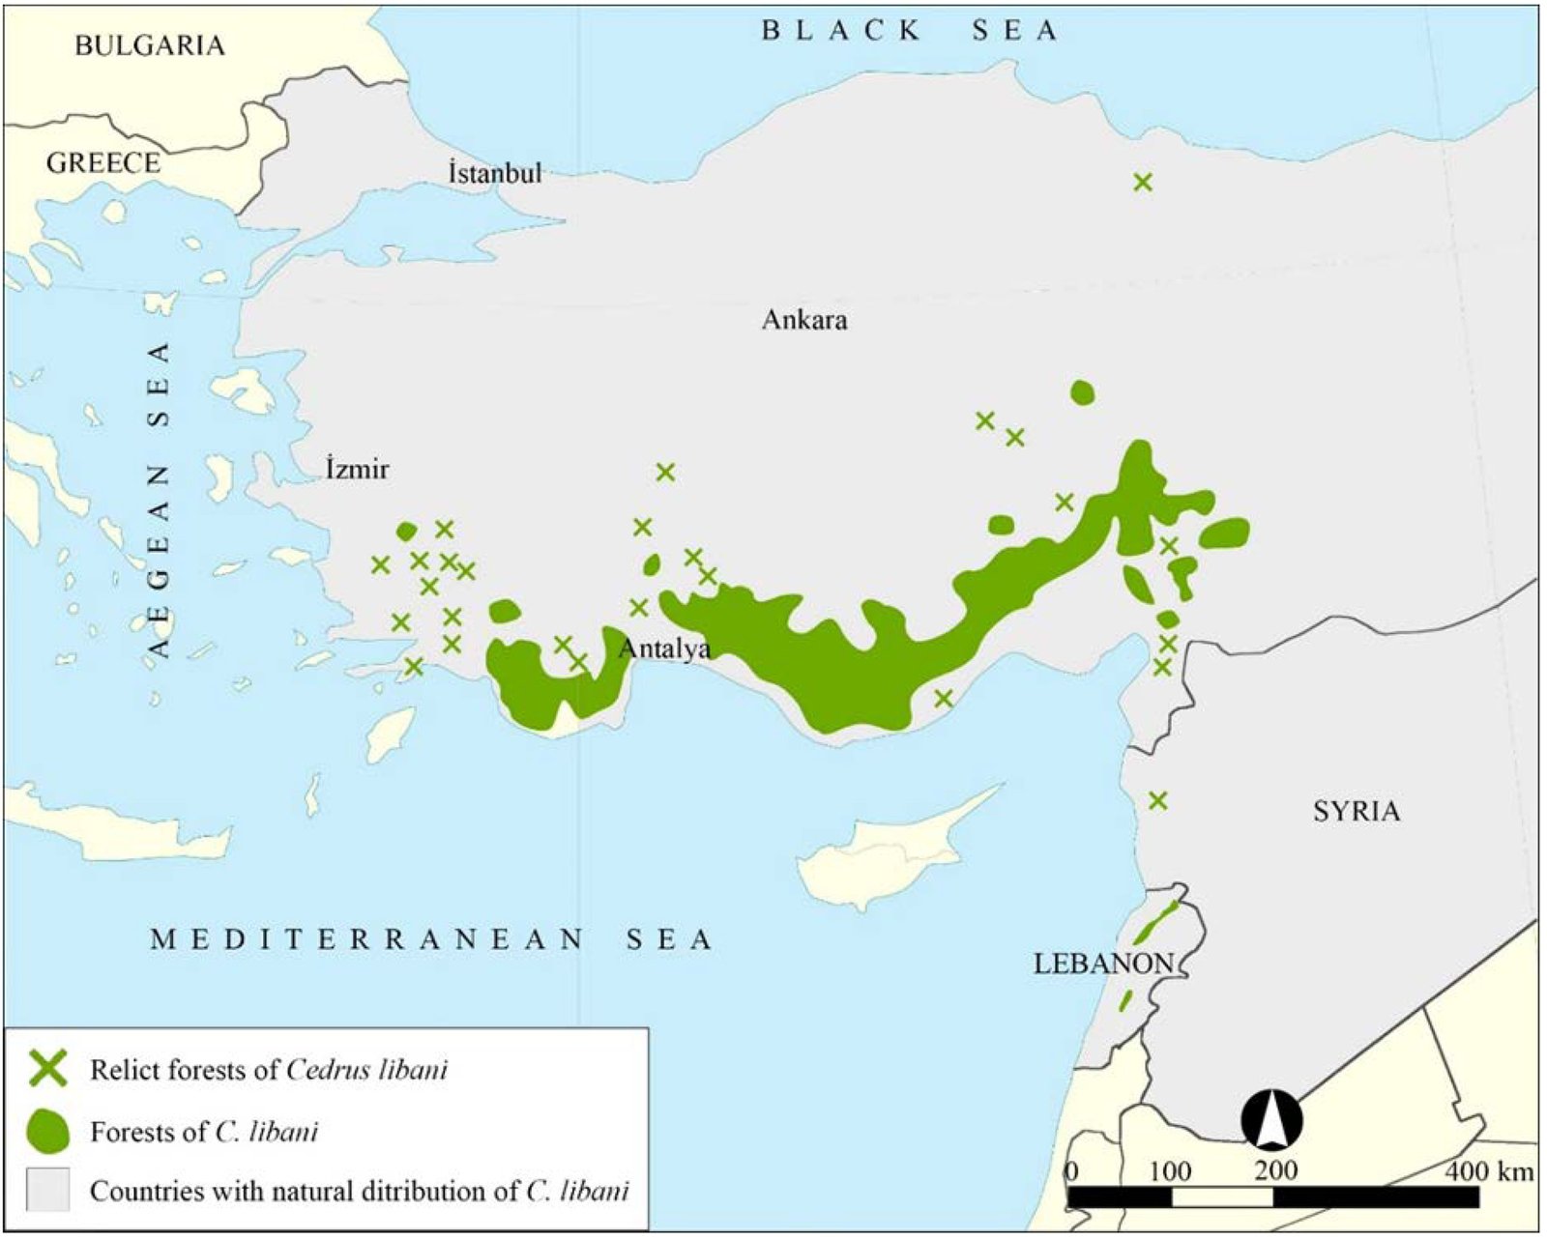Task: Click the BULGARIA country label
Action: [x=149, y=45]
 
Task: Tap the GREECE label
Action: [x=102, y=162]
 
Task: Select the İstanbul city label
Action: [x=494, y=174]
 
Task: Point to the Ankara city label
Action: [x=804, y=320]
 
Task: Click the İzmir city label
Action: [x=357, y=470]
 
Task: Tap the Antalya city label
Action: [x=664, y=648]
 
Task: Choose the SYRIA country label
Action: [x=1356, y=811]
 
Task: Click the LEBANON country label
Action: [x=1102, y=964]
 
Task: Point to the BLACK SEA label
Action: [x=910, y=31]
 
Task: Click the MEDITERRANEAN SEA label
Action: [x=431, y=939]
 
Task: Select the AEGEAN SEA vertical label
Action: [x=160, y=500]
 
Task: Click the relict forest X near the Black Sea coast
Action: [x=1143, y=182]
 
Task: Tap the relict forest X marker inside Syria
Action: [x=1157, y=800]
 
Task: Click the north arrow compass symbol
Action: [x=1271, y=1120]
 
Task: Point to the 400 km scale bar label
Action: [x=1489, y=1171]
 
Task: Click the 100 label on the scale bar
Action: [x=1169, y=1171]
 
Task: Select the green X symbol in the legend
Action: [x=47, y=1069]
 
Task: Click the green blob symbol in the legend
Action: [x=47, y=1131]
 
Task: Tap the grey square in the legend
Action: [x=47, y=1190]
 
